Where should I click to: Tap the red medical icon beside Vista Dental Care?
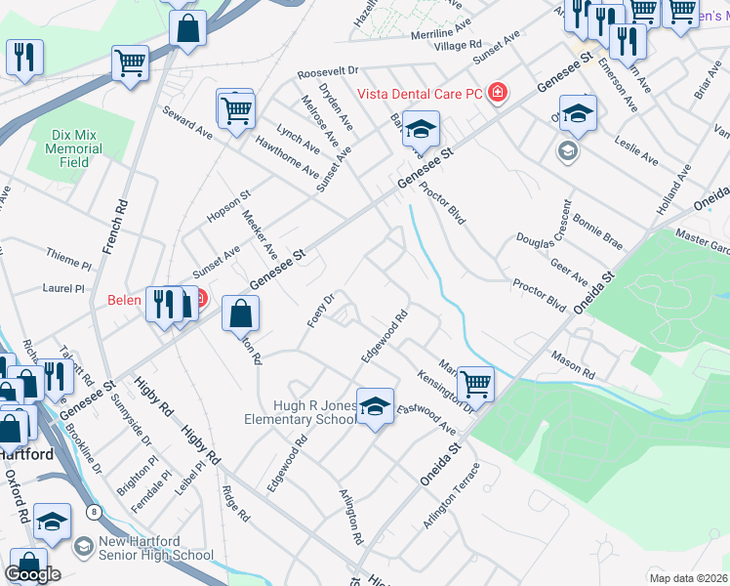point(498,92)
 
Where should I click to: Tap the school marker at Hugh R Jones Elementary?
point(375,406)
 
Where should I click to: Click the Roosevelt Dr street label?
point(329,72)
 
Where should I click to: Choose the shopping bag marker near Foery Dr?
point(241,314)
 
